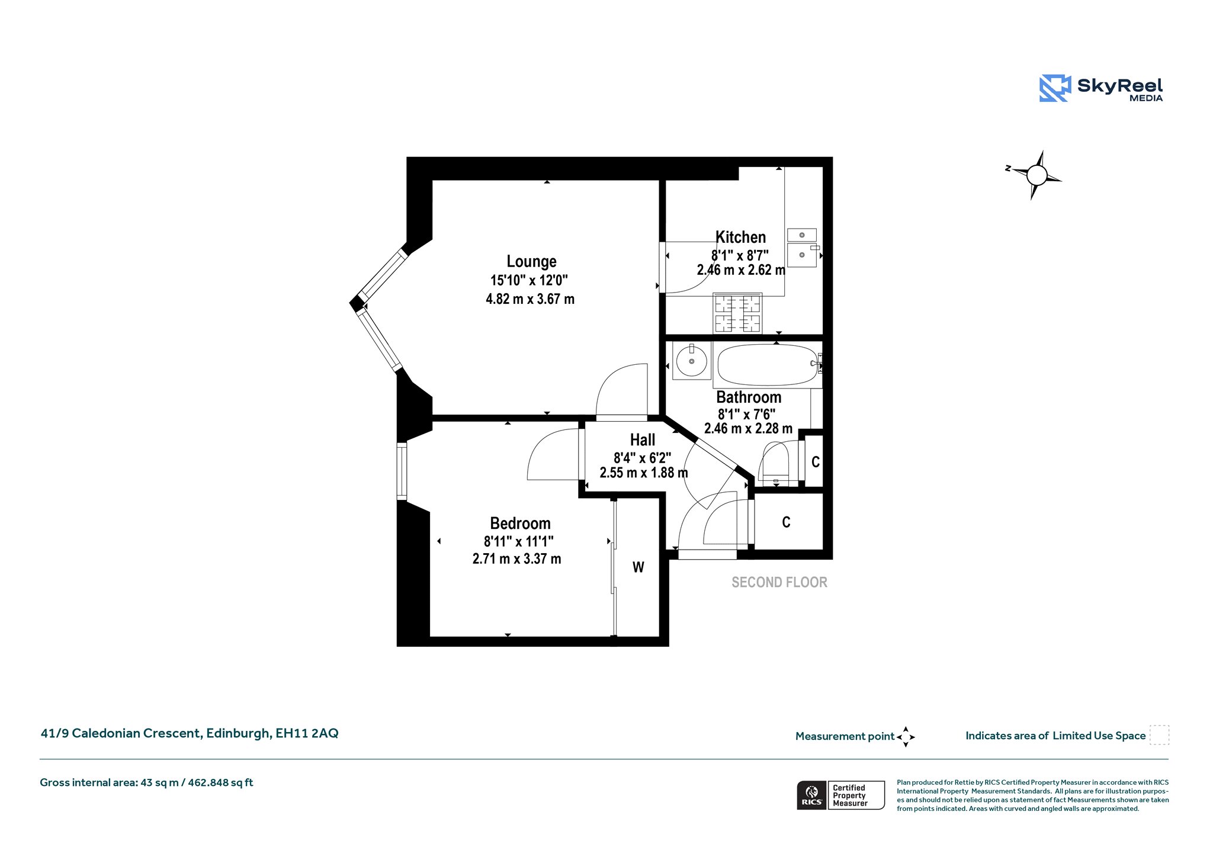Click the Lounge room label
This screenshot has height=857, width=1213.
[531, 261]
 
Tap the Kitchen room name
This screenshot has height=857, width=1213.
[740, 237]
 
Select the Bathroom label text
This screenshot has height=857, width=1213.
[749, 397]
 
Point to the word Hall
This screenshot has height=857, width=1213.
[643, 440]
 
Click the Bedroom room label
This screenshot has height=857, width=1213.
[520, 524]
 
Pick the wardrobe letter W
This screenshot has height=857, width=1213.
[638, 567]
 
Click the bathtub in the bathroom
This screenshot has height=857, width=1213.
[768, 364]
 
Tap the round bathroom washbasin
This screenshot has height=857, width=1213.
[692, 361]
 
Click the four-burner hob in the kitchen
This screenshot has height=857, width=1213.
[737, 314]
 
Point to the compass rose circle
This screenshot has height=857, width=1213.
[1036, 175]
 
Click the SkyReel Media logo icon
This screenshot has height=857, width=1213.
[1055, 88]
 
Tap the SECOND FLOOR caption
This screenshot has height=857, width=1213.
[779, 582]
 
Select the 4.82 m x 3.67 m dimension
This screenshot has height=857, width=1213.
[530, 299]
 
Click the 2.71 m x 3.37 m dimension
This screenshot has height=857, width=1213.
[516, 559]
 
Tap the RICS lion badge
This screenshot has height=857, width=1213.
[812, 795]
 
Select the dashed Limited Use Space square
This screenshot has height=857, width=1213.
[1159, 735]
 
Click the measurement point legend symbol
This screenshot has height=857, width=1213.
[906, 737]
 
